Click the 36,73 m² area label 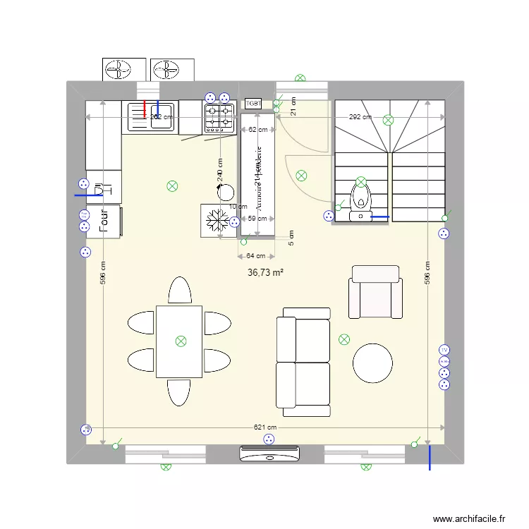265,272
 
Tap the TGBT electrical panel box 253,104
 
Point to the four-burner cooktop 219,117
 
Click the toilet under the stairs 361,197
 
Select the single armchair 375,291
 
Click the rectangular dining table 179,341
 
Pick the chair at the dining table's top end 179,290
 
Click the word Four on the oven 104,219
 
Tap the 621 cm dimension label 265,427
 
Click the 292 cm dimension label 360,117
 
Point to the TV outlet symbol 444,350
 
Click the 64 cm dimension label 256,256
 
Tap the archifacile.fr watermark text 469,518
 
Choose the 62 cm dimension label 257,130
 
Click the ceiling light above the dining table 181,341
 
